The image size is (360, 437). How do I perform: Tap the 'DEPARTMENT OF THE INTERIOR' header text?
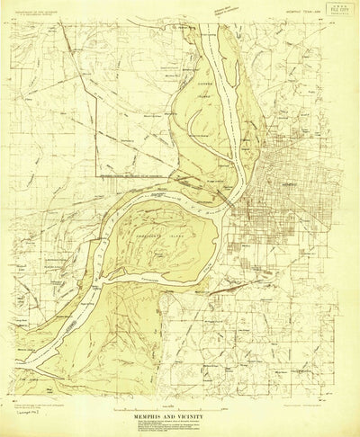(37, 12)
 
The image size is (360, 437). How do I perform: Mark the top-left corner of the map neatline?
(13, 20)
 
